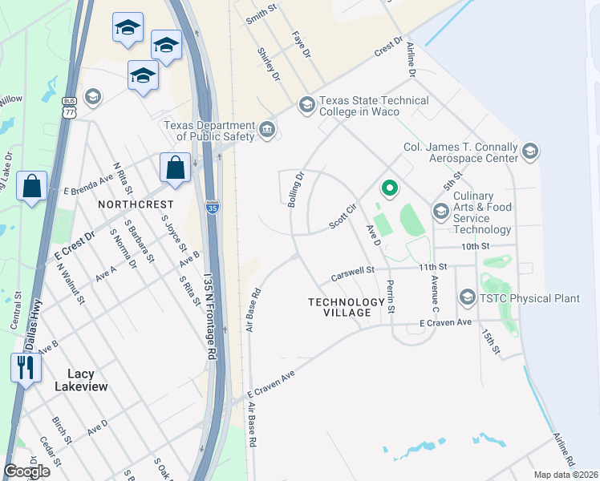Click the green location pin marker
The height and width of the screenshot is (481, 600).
(x=389, y=189)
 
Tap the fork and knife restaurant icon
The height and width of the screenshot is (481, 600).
(x=25, y=368)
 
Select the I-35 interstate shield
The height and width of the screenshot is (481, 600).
(x=212, y=207)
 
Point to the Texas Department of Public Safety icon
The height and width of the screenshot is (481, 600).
(x=267, y=128)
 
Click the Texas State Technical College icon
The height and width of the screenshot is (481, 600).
(x=306, y=104)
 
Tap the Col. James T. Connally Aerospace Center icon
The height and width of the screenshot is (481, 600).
(x=529, y=151)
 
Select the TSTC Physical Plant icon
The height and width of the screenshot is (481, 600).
(x=468, y=298)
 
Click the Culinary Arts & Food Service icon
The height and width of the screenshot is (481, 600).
(x=440, y=211)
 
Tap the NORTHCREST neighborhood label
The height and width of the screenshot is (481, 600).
(x=130, y=205)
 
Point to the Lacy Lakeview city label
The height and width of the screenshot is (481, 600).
(x=81, y=380)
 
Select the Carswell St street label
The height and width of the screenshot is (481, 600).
(x=354, y=275)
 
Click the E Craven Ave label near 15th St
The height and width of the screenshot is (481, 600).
(x=445, y=322)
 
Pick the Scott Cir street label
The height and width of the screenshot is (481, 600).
(x=343, y=217)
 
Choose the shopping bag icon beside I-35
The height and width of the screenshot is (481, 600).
(x=175, y=168)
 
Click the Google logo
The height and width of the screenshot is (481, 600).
(x=26, y=471)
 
